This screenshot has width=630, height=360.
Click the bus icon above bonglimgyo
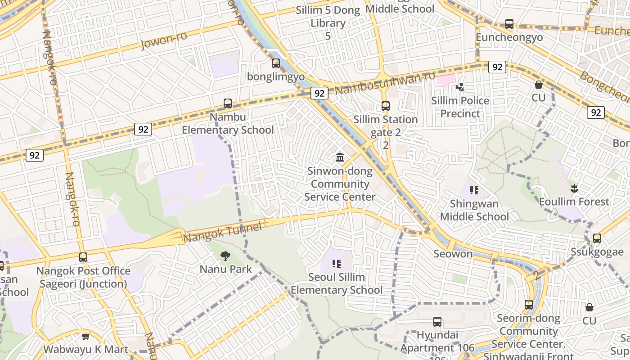[x=276, y=63]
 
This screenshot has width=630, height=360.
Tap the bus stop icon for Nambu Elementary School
[x=228, y=103]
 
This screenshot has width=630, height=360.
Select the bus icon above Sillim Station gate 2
[x=386, y=106]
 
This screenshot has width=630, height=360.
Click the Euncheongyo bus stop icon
[x=509, y=24]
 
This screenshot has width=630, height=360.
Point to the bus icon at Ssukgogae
[x=597, y=238]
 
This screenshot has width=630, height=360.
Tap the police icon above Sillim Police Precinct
[x=460, y=87]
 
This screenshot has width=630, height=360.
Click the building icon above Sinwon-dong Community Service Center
[x=340, y=157]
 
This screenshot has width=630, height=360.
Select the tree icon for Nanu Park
[x=225, y=256]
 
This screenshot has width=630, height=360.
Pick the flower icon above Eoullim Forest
[x=574, y=188]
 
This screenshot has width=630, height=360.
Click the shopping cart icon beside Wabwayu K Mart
[x=86, y=336]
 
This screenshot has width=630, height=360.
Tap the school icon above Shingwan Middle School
[x=474, y=190]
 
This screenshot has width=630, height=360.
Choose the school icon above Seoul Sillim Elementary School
[x=337, y=263]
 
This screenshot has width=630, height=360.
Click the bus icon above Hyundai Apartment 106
[x=437, y=322]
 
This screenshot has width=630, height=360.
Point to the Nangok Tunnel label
[x=223, y=233]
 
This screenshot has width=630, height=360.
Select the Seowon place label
[x=453, y=254]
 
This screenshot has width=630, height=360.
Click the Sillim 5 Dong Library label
[x=328, y=17]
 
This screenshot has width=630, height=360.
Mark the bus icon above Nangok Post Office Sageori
[x=83, y=257]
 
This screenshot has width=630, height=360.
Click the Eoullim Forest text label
[x=574, y=202]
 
